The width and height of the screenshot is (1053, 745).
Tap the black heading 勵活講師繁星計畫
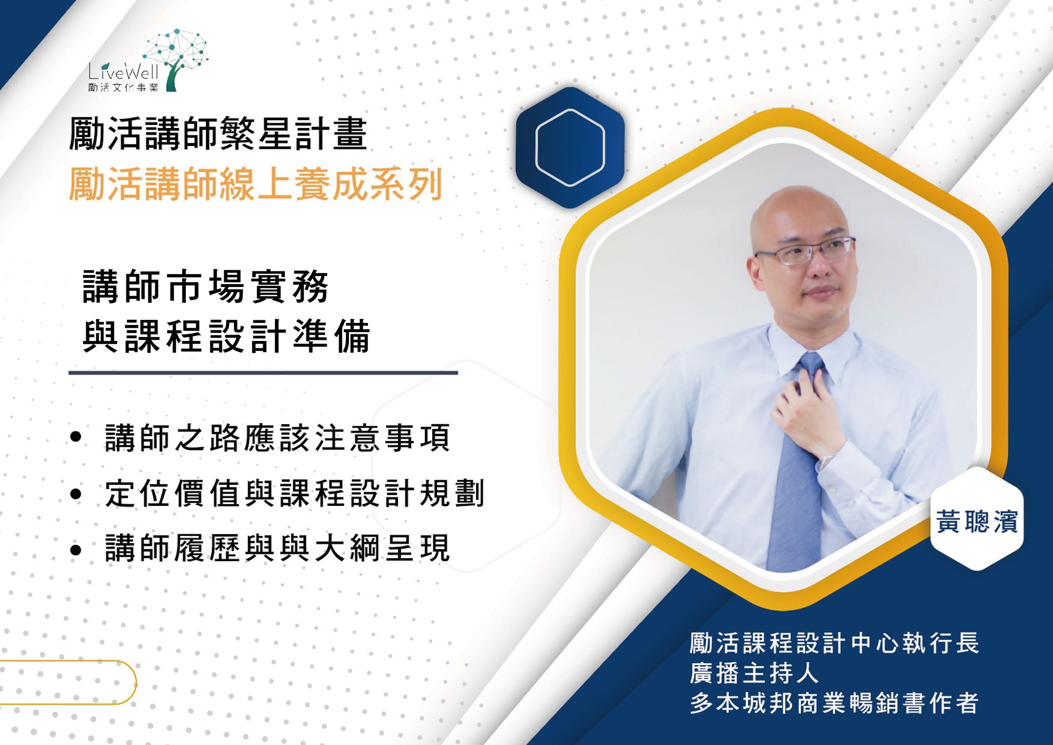218,134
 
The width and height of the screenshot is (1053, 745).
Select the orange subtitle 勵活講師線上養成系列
256,184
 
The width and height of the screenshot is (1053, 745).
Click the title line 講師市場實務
206,287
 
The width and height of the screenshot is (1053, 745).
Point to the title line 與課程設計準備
227,336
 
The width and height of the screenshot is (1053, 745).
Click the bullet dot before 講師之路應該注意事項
76,436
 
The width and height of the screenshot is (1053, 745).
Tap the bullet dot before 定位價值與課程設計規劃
76,494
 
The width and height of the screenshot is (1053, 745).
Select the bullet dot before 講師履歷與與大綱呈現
76,550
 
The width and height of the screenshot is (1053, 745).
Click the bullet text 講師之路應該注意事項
277,437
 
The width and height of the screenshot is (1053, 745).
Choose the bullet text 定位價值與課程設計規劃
295,494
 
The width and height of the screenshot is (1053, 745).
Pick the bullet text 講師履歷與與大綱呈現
277,548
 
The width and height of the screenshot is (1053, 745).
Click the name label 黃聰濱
977,522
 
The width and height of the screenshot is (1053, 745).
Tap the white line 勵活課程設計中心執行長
835,643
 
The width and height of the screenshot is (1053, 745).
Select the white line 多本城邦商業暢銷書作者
835,703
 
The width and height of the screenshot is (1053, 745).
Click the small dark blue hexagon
570,148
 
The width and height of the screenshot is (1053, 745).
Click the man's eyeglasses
804,250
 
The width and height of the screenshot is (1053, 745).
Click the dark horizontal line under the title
263,372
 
